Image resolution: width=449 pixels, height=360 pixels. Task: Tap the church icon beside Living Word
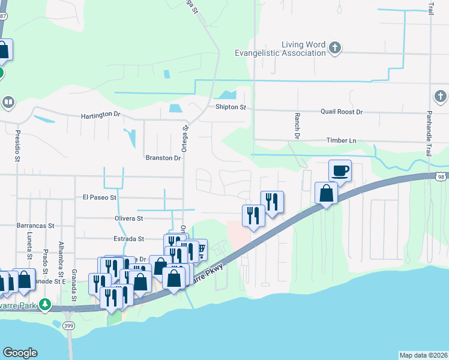point(335,46)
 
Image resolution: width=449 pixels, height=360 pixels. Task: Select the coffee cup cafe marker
point(340,171)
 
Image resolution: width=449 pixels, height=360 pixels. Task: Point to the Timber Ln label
point(341,140)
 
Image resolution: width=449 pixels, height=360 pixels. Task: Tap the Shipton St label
point(231,107)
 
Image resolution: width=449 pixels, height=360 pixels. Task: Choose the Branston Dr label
point(163,158)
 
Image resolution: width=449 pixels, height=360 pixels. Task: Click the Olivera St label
point(127,219)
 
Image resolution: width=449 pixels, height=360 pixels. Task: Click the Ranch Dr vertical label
point(297,125)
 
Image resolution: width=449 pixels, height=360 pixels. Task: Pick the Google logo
point(20,353)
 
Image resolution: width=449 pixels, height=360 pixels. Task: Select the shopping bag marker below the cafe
point(326,193)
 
